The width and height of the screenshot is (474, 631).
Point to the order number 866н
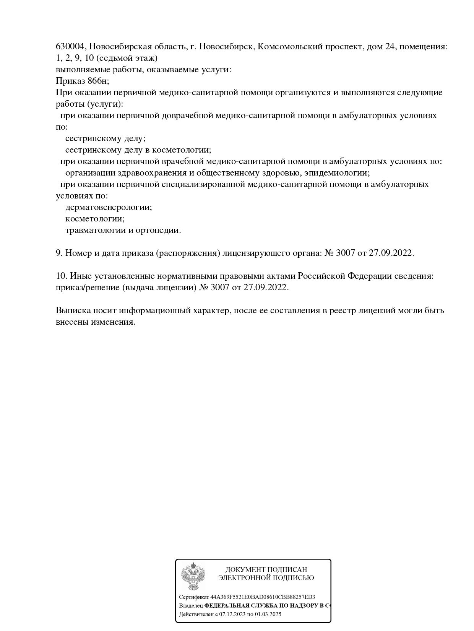point(98,81)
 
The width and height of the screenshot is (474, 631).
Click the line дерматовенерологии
point(109,207)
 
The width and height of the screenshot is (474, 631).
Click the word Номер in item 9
point(77,253)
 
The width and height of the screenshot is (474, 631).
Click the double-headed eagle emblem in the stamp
point(193,576)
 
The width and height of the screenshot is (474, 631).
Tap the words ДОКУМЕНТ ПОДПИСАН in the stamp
point(266,570)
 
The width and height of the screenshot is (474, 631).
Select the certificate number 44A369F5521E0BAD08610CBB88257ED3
point(263,597)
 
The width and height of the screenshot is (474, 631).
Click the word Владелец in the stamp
point(191,606)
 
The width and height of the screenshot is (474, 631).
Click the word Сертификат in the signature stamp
point(194,597)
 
